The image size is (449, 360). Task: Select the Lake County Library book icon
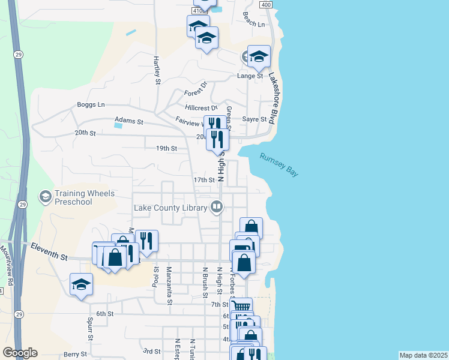tap(217, 208)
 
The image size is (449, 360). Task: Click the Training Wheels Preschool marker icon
tap(45, 197)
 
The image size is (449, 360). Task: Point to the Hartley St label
tap(157, 70)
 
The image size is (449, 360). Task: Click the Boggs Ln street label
tap(91, 104)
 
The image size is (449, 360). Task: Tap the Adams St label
tap(129, 121)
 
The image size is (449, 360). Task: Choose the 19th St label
tap(166, 148)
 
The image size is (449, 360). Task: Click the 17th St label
tap(203, 180)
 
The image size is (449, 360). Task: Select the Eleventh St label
tap(49, 251)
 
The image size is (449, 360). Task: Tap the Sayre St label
tap(254, 119)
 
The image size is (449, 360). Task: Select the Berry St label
tap(76, 355)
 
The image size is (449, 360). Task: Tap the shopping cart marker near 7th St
tap(241, 307)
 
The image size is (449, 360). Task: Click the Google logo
tap(20, 353)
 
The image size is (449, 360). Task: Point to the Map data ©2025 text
tap(423, 355)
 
